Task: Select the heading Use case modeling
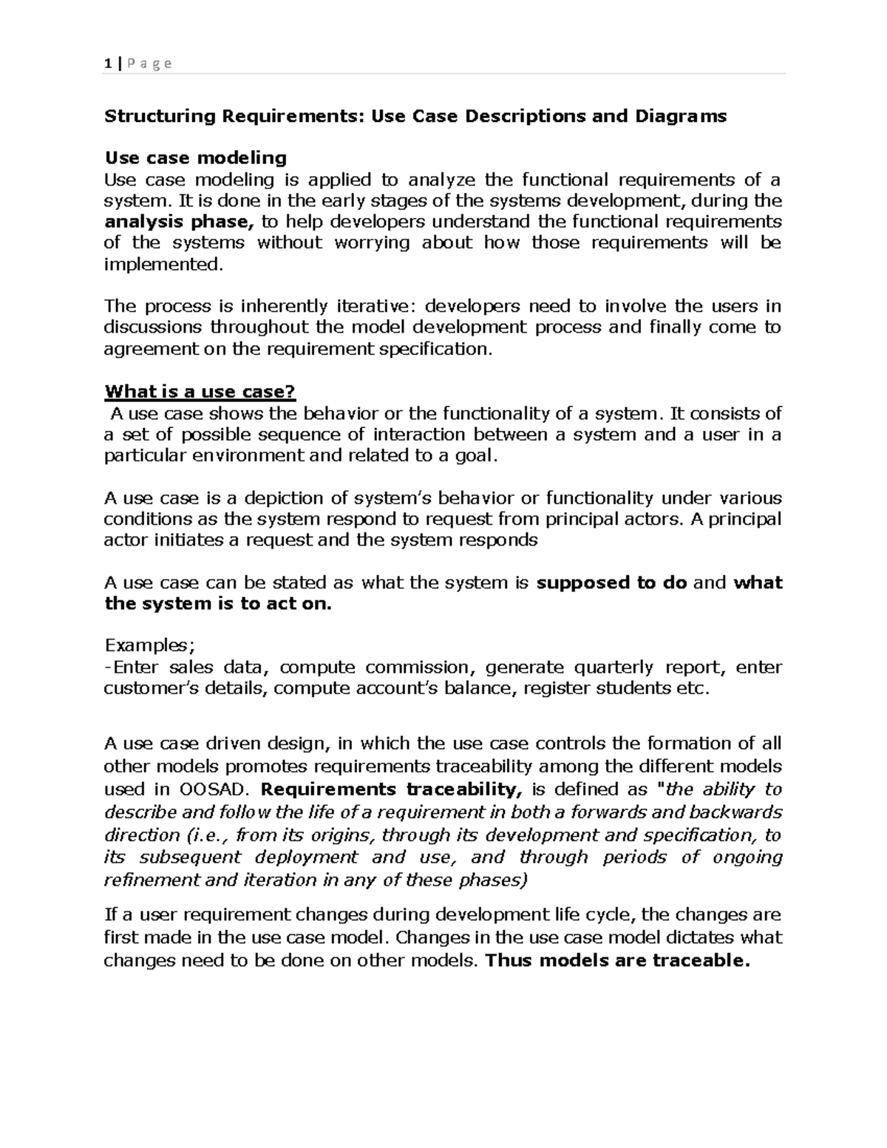[x=195, y=157]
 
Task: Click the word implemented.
[x=163, y=264]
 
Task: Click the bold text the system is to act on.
[x=218, y=604]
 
